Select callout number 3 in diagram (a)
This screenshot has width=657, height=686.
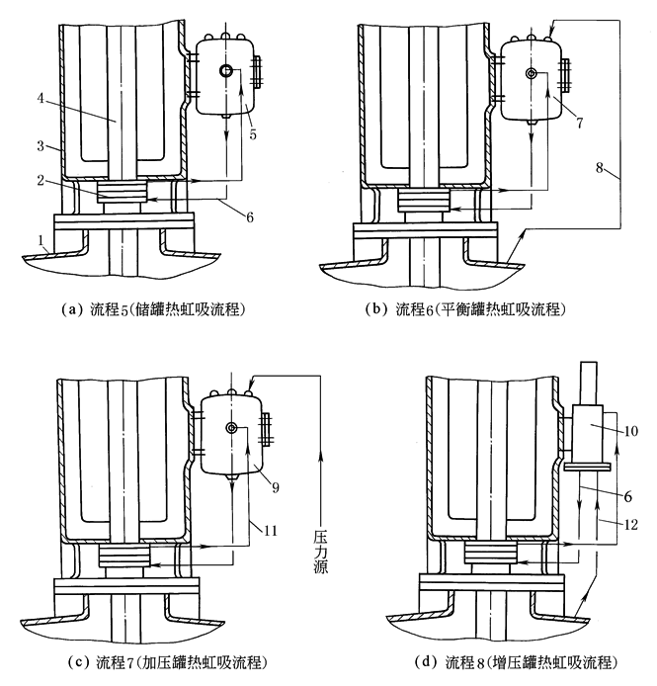pyautogui.click(x=41, y=145)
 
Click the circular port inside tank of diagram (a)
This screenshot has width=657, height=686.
pyautogui.click(x=226, y=72)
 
